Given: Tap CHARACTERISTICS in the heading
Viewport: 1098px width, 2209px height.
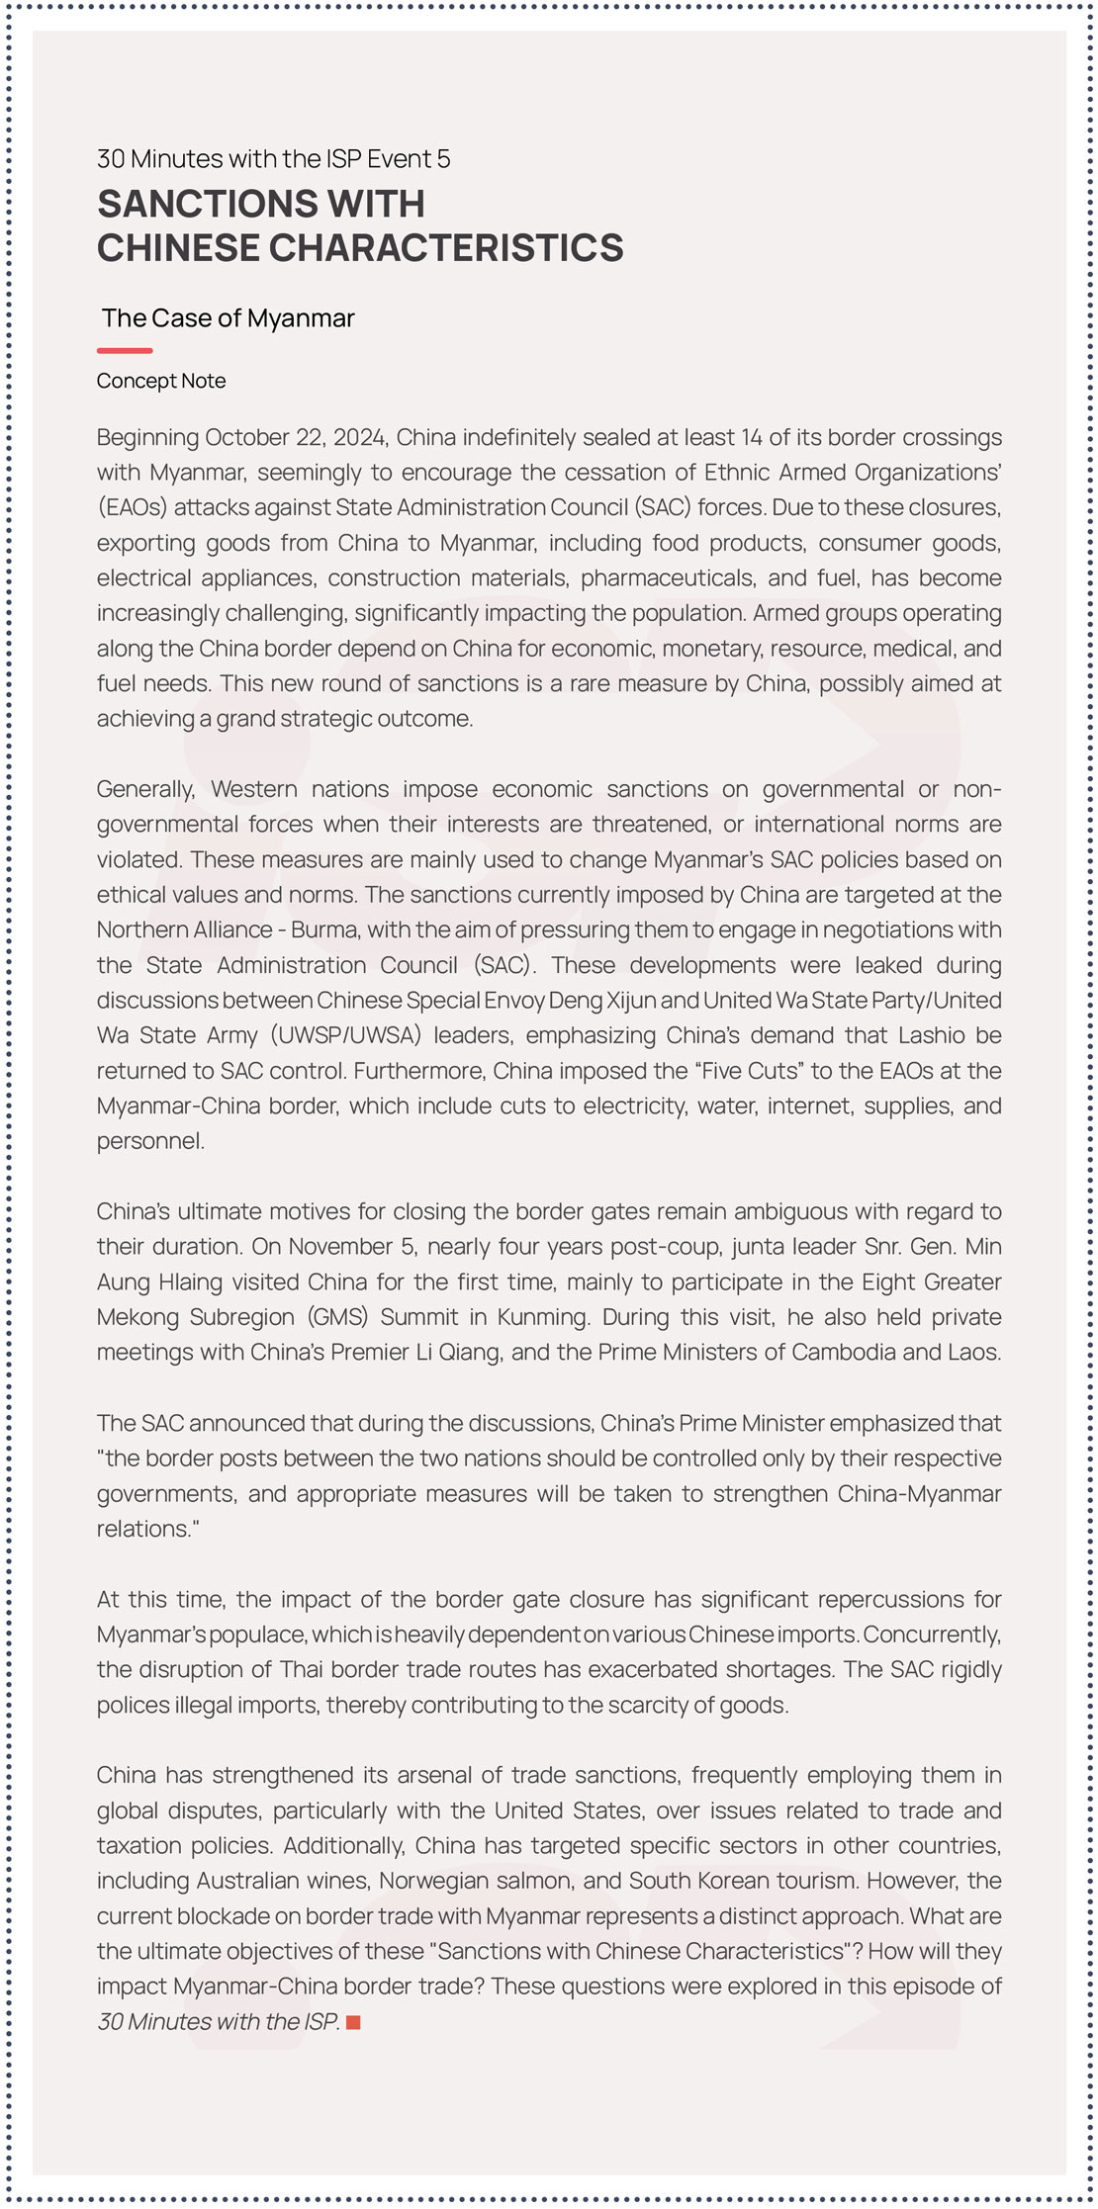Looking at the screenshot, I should pos(446,248).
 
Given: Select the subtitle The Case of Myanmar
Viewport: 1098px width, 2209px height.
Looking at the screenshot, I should pos(228,318).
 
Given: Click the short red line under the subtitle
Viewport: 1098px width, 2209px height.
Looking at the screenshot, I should pos(125,350).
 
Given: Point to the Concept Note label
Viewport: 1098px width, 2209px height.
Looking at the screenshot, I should pos(161,381).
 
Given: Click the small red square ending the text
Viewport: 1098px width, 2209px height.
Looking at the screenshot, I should pos(353,2022).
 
